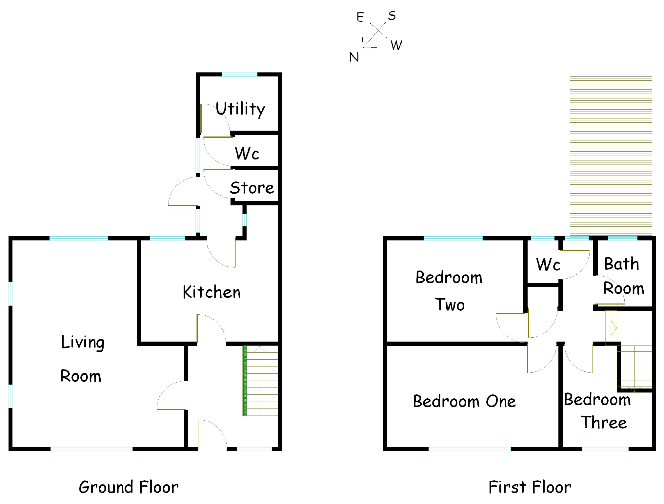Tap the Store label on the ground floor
click(252, 188)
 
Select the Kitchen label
click(211, 292)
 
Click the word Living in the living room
click(83, 342)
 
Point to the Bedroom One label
click(464, 401)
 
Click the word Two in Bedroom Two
click(450, 304)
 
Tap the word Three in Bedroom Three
click(604, 422)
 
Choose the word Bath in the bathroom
click(621, 264)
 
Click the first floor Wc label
click(548, 264)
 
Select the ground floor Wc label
click(247, 153)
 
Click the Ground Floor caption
click(129, 487)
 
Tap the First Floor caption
click(530, 487)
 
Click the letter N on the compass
click(354, 57)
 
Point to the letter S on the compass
click(392, 16)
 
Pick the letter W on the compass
click(396, 45)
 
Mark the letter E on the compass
click(360, 17)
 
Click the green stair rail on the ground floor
click(244, 381)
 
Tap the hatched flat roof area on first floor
click(611, 154)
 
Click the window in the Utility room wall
click(240, 74)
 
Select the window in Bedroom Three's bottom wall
click(605, 449)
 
